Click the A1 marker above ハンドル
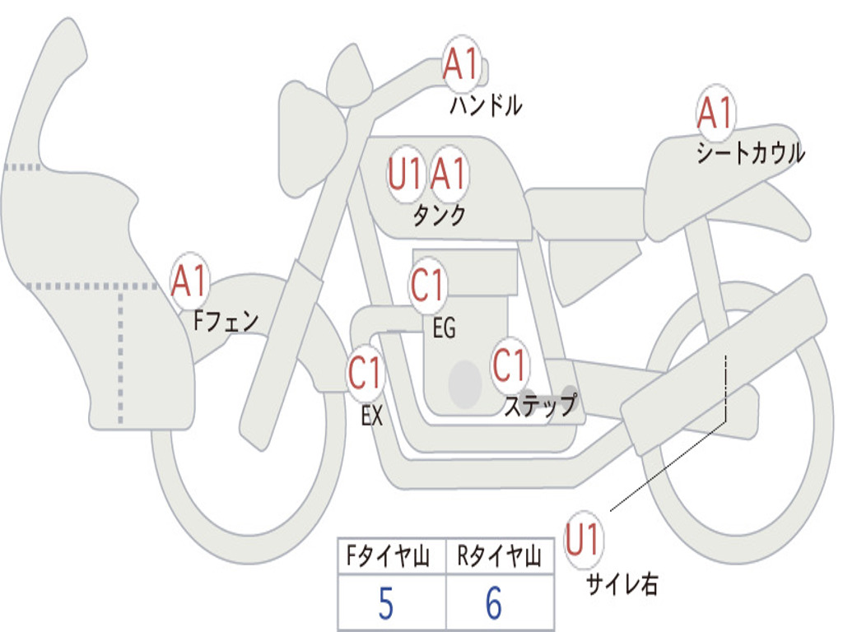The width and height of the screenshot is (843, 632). click(461, 64)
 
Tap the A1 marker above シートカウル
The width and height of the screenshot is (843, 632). click(715, 113)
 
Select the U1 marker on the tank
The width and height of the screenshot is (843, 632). click(406, 174)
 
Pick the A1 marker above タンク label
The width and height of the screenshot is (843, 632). click(449, 174)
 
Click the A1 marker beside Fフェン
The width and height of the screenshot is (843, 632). click(190, 282)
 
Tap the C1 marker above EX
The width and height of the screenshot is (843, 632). click(366, 374)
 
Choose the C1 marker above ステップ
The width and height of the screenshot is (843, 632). click(510, 365)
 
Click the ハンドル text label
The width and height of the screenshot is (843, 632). click(486, 105)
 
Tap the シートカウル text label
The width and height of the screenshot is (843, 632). click(750, 154)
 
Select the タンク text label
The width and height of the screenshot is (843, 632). click(439, 216)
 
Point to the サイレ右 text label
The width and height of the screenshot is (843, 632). click(622, 584)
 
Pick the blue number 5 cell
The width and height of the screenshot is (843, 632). click(385, 604)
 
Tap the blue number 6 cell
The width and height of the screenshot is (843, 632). click(493, 604)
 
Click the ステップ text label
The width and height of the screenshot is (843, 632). click(540, 406)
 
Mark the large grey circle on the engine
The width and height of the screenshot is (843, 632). click(464, 383)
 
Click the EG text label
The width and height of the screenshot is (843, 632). click(444, 328)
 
